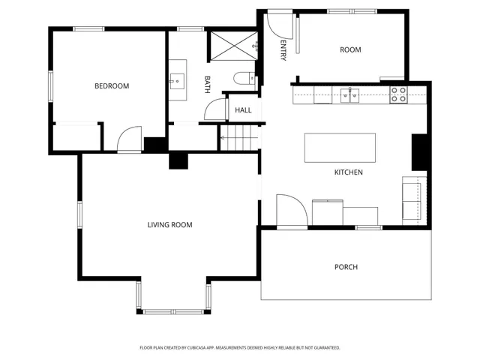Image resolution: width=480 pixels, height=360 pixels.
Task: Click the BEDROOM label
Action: [x=111, y=86]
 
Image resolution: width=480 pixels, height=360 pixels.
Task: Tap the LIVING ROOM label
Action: [x=169, y=224]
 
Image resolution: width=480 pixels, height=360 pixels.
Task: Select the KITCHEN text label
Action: [x=348, y=172]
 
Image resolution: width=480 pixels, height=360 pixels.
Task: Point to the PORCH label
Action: [x=346, y=267]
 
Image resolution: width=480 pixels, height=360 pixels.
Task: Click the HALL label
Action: [x=243, y=110]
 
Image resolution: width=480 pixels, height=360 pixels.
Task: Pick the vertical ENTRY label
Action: [x=283, y=50]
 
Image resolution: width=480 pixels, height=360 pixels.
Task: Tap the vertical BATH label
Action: [x=208, y=84]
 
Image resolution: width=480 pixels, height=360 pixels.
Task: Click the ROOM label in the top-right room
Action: [x=350, y=50]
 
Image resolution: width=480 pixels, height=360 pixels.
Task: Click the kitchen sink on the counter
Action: [x=349, y=94]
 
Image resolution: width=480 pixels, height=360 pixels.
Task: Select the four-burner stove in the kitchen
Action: [x=398, y=94]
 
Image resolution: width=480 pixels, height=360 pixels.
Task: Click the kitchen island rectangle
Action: [x=340, y=148]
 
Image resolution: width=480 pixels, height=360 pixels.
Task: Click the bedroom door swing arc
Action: [x=129, y=140]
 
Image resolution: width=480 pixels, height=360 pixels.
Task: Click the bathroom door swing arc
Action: [x=217, y=109]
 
